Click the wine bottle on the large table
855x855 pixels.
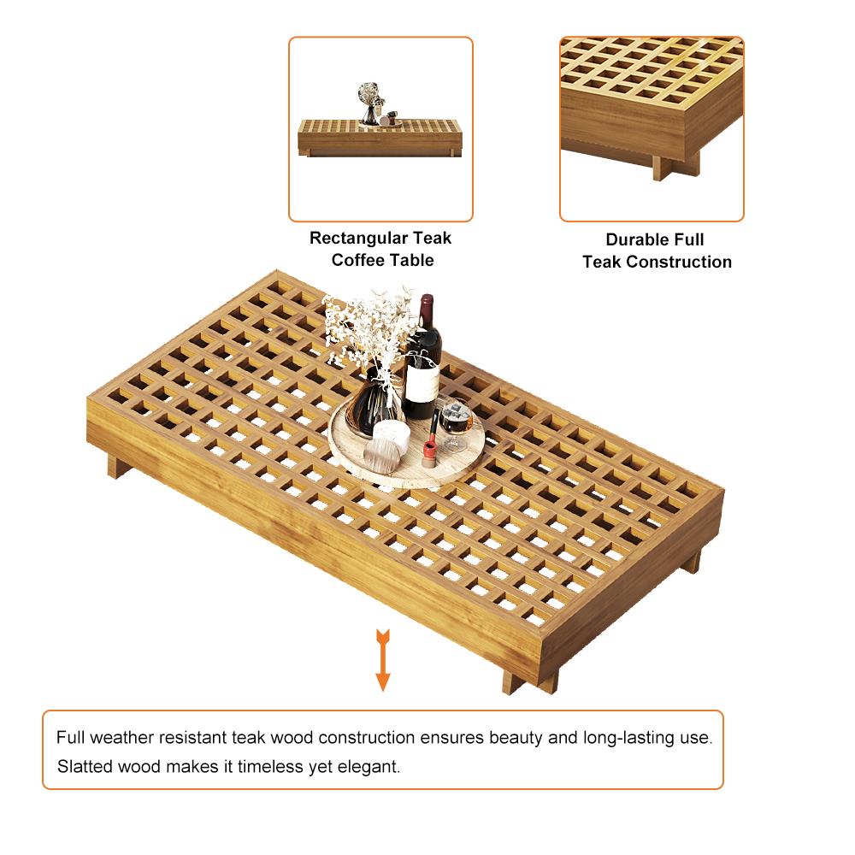422,360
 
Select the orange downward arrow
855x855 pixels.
383,660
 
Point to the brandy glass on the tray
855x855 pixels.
456,425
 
